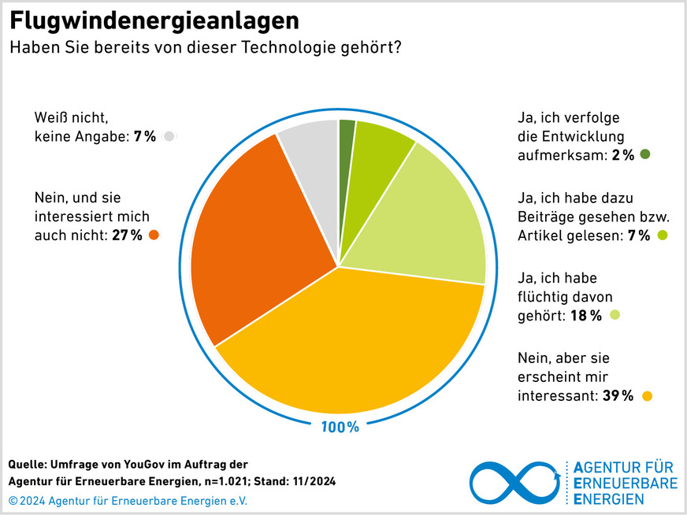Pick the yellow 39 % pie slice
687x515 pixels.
coord(355,346)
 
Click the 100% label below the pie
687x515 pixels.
coord(340,427)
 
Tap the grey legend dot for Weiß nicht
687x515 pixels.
coord(169,136)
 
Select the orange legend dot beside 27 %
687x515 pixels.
coord(153,235)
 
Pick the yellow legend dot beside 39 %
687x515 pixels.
coord(647,395)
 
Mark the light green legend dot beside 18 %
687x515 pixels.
coord(615,315)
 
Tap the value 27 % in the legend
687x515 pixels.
coord(126,235)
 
